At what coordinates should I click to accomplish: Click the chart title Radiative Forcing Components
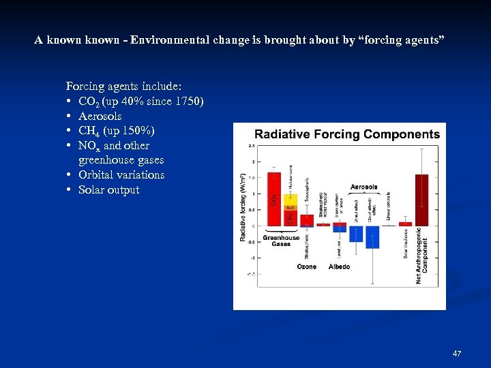[x=346, y=134]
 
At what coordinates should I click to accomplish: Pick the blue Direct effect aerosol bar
[x=356, y=234]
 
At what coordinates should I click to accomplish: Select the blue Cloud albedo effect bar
[x=372, y=236]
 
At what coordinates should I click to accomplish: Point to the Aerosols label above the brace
[x=363, y=187]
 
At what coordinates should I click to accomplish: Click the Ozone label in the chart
[x=306, y=266]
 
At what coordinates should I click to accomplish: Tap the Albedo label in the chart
[x=339, y=266]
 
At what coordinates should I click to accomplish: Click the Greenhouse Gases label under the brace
[x=281, y=241]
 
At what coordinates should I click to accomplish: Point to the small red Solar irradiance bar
[x=405, y=224]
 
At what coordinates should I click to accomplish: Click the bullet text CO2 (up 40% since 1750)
[x=140, y=102]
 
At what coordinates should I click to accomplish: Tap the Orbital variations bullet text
[x=121, y=175]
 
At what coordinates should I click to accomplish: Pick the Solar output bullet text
[x=108, y=190]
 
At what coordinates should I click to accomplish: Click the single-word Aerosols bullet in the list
[x=100, y=117]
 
